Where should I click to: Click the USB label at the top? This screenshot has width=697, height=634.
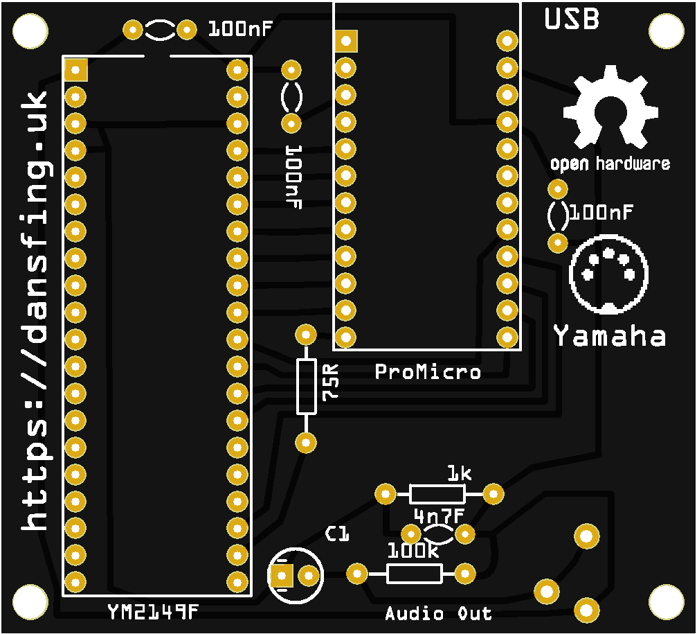coord(571,19)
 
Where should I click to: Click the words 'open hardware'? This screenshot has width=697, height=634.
coord(610,164)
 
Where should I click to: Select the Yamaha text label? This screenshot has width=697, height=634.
coord(609,337)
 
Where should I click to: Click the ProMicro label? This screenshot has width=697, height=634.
coord(427,372)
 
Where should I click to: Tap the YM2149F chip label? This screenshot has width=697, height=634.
coord(153,612)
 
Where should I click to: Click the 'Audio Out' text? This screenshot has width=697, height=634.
coord(439,613)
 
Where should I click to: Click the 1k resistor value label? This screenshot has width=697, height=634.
coord(459,474)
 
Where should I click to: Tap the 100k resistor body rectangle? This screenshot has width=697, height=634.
coord(414,573)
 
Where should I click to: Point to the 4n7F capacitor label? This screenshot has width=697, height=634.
coord(438,516)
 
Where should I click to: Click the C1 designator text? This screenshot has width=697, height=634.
coord(338,534)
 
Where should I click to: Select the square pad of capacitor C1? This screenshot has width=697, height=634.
coord(281,575)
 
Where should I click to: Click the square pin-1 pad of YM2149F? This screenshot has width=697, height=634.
coord(75,69)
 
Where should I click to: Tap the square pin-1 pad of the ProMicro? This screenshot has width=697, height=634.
coord(345,41)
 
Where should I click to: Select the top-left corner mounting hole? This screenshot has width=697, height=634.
coord(29,30)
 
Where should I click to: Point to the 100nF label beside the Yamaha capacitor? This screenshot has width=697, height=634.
coord(601,212)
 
